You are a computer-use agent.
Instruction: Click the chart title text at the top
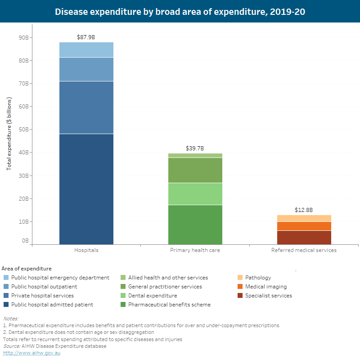[x=180, y=12]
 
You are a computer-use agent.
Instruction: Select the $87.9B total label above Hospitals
[x=86, y=37]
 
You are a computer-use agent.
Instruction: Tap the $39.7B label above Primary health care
[x=195, y=148]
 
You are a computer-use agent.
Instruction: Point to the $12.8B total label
[x=304, y=210]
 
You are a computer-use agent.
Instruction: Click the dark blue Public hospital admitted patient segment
[x=86, y=189]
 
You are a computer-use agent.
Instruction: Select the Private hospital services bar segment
[x=86, y=108]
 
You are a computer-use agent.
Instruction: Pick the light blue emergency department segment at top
[x=86, y=49]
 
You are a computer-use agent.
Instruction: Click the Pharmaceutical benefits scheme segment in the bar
[x=195, y=225]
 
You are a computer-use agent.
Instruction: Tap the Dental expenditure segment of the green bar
[x=195, y=194]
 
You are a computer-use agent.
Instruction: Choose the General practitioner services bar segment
[x=195, y=170]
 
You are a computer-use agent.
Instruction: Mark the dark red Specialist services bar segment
[x=304, y=238]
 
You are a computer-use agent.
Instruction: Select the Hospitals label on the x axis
[x=86, y=250]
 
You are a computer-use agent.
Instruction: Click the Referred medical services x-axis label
[x=304, y=250]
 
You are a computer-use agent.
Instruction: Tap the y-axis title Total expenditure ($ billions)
[x=9, y=134]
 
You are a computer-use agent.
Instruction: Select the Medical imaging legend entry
[x=265, y=287]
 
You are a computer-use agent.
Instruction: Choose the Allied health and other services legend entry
[x=168, y=278]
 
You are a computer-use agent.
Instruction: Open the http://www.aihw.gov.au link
[x=31, y=353]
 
